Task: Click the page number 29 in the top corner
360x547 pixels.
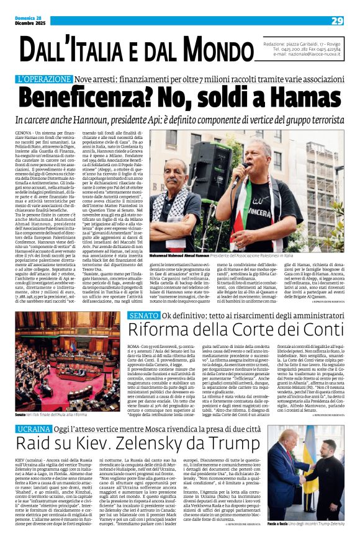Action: [337, 21]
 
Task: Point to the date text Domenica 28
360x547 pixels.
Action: [29, 18]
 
